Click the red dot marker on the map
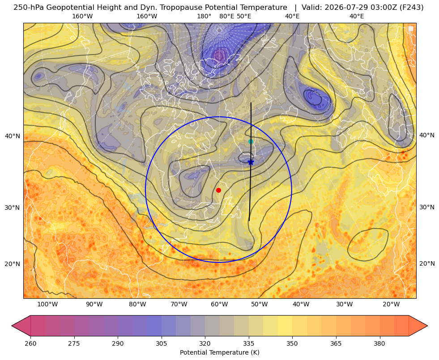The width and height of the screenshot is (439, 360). pos(219,190)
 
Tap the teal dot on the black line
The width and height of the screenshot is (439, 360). pos(251,141)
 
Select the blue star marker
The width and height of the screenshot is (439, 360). pos(251,162)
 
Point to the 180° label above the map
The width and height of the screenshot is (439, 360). pos(204,16)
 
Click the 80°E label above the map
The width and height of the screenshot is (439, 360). pos(227,16)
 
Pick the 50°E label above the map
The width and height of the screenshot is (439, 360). pos(244,16)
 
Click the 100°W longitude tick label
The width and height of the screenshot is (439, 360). pos(47,304)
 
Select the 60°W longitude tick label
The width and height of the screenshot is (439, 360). pos(219,304)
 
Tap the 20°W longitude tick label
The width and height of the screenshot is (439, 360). pos(391,304)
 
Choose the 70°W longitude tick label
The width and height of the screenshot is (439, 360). pos(179,304)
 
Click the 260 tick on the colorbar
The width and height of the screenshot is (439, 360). pos(30,343)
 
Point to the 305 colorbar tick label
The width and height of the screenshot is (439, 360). pos(162,343)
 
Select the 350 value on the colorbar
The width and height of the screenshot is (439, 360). pos(292,343)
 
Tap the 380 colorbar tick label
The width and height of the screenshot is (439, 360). pos(379,343)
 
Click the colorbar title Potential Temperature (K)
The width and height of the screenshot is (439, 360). pos(219,352)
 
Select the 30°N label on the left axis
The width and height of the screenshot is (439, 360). pos(13,208)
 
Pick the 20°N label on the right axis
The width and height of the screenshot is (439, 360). pos(427,263)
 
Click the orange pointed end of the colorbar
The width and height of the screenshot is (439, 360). pos(418,326)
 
